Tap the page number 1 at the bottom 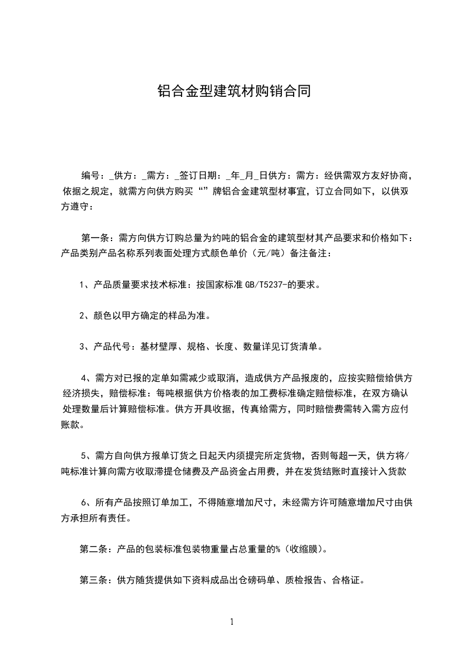tap(232, 622)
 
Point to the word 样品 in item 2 tap(178, 316)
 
